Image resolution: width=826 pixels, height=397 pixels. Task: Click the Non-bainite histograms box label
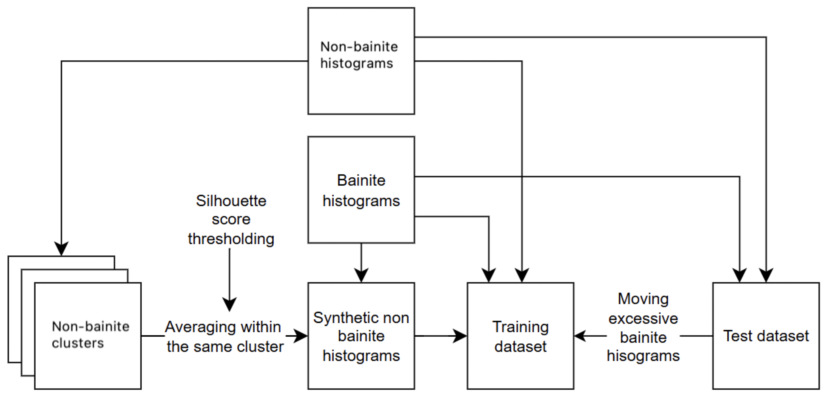coord(359,55)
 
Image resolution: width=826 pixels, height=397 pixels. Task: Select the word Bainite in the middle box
coord(361,180)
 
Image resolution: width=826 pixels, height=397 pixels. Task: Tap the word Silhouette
coord(231,201)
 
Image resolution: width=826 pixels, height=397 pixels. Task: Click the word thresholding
coord(231,239)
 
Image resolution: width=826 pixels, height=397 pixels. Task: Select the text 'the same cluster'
coord(225,347)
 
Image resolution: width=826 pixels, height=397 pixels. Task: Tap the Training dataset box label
coord(520,336)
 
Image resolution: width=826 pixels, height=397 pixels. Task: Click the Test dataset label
coord(766,336)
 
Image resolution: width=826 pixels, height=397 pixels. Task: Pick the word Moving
coord(643,299)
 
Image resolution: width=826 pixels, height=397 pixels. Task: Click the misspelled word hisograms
coord(643,356)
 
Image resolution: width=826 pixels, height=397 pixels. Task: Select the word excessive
coord(643,318)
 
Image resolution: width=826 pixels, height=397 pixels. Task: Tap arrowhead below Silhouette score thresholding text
coord(229,304)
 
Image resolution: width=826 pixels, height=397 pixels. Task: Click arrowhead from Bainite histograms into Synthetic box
coord(361,275)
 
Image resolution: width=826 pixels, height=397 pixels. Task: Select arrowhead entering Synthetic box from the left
coord(301,336)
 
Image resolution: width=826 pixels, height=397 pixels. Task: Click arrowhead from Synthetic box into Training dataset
coord(460,336)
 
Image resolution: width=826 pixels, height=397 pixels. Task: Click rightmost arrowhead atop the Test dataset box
coord(766,275)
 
